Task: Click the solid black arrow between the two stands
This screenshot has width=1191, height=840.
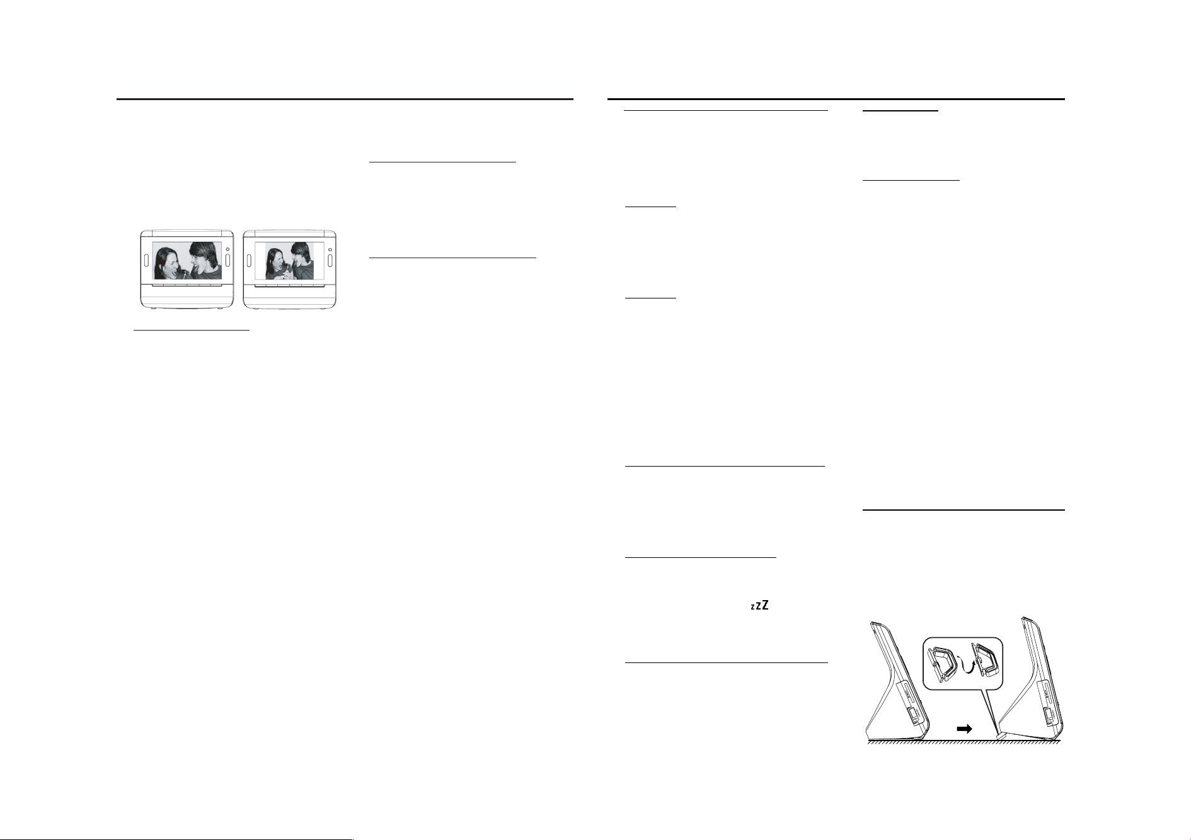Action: (964, 729)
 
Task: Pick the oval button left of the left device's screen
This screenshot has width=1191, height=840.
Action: (146, 260)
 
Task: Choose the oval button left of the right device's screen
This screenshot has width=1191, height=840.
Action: (250, 260)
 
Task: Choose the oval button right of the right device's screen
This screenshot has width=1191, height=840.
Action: (330, 260)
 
